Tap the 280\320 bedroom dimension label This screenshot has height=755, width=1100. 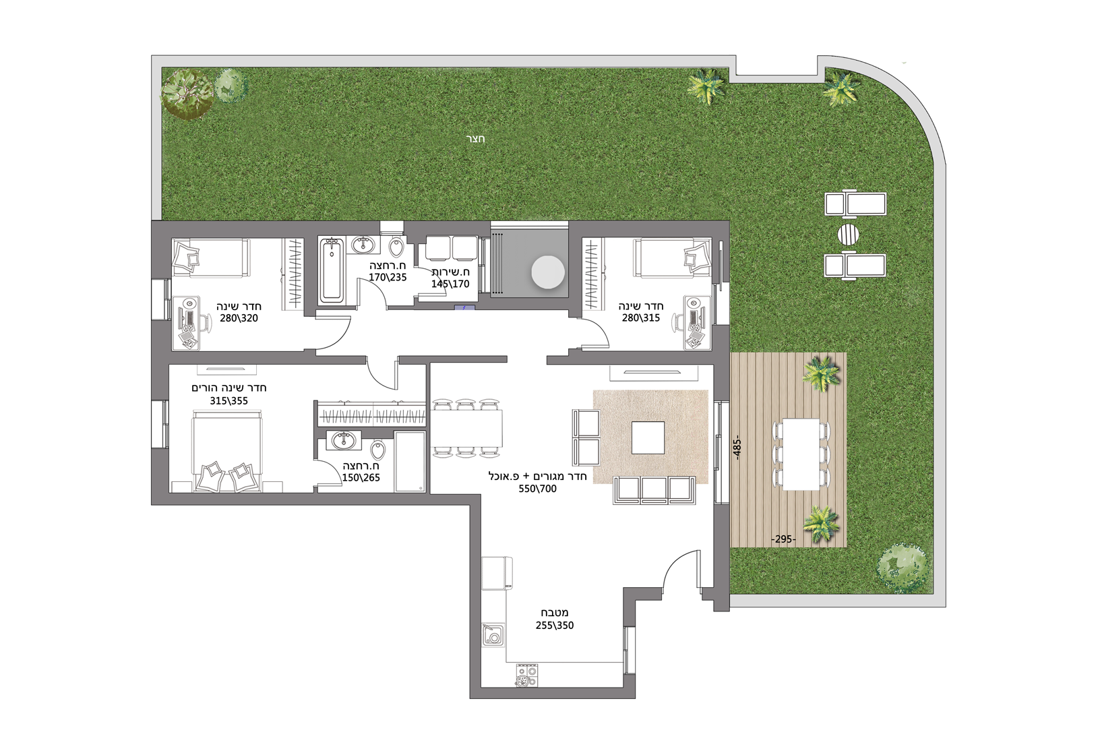[239, 318]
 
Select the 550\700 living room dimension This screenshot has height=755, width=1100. [538, 489]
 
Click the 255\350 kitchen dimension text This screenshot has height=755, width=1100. [555, 626]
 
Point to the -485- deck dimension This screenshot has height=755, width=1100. [737, 448]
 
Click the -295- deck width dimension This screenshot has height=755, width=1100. [783, 539]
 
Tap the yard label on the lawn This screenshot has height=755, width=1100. [475, 139]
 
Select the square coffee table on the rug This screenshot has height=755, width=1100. [648, 437]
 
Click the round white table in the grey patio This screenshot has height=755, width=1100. [548, 272]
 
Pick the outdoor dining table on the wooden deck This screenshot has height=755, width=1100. [801, 454]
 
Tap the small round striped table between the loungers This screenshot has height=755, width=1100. [849, 234]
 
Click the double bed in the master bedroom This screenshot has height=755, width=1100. [227, 451]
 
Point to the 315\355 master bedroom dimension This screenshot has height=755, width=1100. [229, 401]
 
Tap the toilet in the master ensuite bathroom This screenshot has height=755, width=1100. [377, 449]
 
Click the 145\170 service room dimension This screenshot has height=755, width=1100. [450, 284]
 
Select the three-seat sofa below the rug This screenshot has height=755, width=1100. [654, 490]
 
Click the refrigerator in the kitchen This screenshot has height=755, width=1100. [497, 573]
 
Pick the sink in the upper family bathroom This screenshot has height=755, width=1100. [363, 244]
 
